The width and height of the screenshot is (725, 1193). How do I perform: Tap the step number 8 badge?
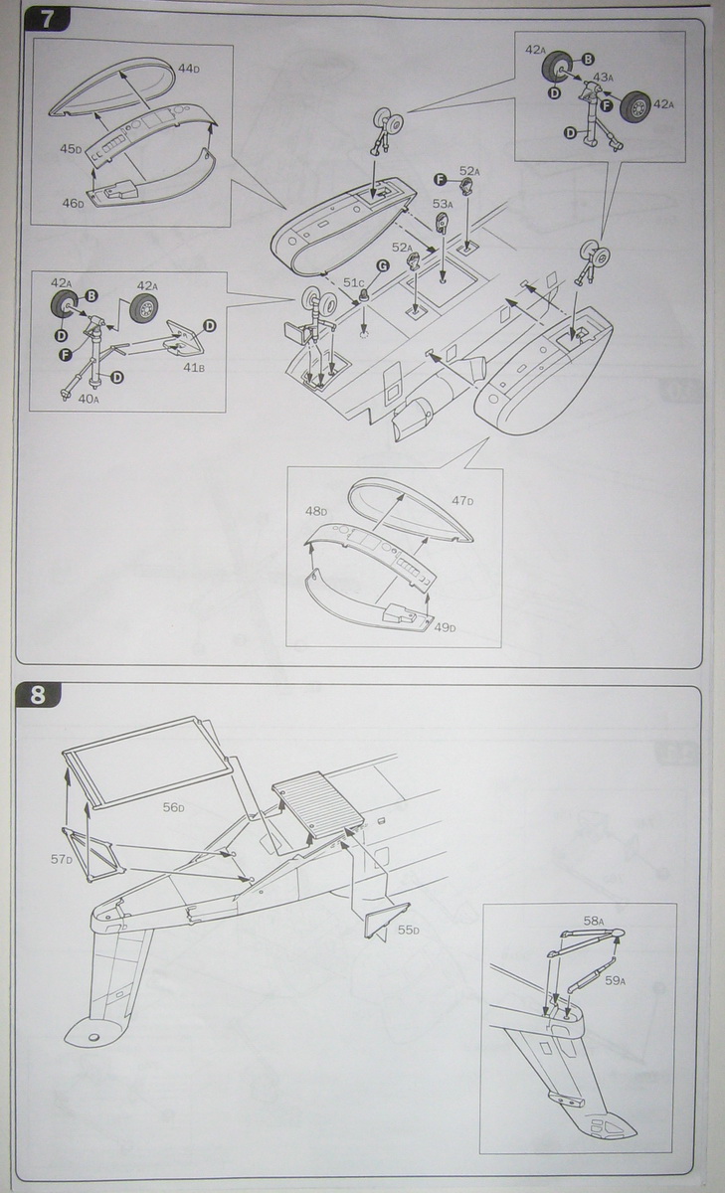point(37,695)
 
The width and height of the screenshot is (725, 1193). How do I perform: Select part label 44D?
point(189,68)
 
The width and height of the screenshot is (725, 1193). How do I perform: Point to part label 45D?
point(71,149)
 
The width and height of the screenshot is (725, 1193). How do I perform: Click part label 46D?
point(73,203)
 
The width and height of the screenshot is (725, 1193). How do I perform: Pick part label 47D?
point(459,502)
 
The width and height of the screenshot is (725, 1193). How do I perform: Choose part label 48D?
point(316,511)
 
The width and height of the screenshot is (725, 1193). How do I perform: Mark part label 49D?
point(445,626)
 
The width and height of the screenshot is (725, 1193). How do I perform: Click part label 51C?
point(353,282)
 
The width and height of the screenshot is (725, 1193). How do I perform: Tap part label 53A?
point(441,204)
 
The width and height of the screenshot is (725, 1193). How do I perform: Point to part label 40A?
point(90,400)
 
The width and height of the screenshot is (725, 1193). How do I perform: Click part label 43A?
point(603,77)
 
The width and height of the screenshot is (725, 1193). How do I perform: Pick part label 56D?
point(174,807)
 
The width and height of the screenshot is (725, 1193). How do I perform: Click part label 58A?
point(594,922)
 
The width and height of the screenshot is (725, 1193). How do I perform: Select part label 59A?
point(615,980)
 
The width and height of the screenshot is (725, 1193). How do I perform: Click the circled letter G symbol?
point(382,266)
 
